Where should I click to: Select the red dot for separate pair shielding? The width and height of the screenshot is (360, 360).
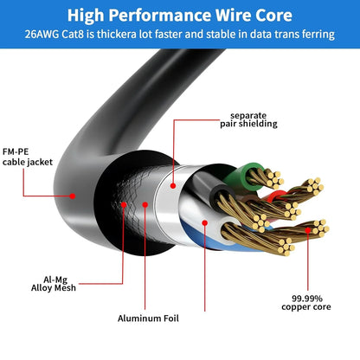(174, 184)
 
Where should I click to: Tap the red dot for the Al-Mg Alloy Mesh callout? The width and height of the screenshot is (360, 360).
(125, 205)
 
